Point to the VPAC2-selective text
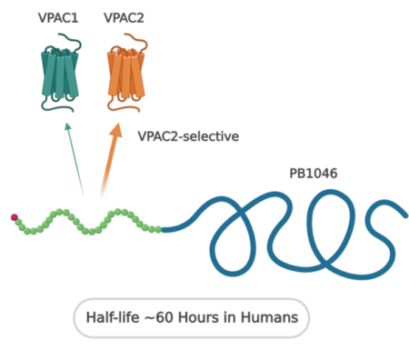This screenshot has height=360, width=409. pyautogui.click(x=187, y=137)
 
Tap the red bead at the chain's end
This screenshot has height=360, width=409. pyautogui.click(x=15, y=216)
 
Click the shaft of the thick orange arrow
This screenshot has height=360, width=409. pyautogui.click(x=105, y=168)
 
